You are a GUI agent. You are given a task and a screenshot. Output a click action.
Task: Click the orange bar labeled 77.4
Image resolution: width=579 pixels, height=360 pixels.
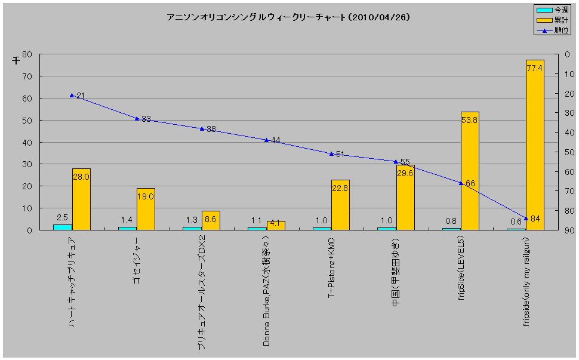point(534,144)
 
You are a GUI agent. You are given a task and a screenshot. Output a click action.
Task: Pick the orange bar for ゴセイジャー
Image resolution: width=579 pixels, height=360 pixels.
point(146,209)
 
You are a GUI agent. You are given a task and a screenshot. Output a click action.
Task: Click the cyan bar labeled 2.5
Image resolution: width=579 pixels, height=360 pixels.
point(62,227)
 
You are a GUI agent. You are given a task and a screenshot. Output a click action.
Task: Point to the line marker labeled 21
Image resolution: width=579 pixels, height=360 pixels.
point(72,96)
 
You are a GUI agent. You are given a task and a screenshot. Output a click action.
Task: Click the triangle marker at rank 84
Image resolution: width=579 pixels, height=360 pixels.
point(526,218)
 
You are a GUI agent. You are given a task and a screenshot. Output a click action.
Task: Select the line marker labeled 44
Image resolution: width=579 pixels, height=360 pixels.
point(266,140)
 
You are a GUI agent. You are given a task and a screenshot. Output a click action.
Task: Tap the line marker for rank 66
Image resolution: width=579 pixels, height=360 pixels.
point(461,183)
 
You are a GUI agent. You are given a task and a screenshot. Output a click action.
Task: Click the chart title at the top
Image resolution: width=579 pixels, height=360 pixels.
point(288,17)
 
